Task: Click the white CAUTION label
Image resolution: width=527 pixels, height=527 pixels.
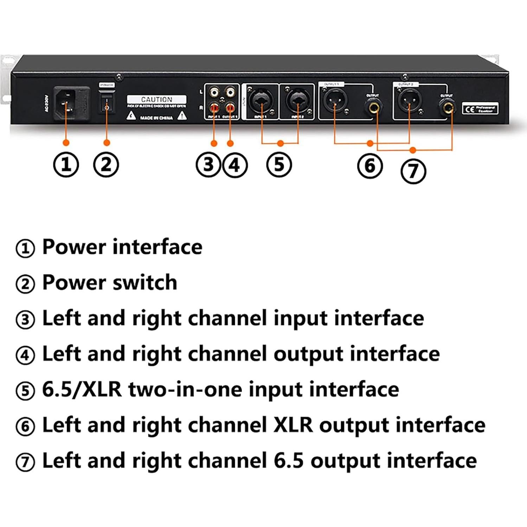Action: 156,99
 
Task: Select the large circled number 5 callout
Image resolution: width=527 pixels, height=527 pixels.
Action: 279,165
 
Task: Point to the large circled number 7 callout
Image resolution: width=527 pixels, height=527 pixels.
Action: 413,172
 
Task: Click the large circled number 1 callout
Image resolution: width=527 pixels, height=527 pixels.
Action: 66,165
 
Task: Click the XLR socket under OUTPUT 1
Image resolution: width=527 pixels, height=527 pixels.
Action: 335,101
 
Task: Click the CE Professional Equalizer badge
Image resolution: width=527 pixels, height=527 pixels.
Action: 480,109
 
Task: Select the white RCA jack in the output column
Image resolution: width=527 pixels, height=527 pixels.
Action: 230,92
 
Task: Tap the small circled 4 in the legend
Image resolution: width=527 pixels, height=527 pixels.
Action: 25,355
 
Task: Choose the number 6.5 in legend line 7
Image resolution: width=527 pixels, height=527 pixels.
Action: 288,461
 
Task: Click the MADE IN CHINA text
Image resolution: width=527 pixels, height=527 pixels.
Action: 156,118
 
